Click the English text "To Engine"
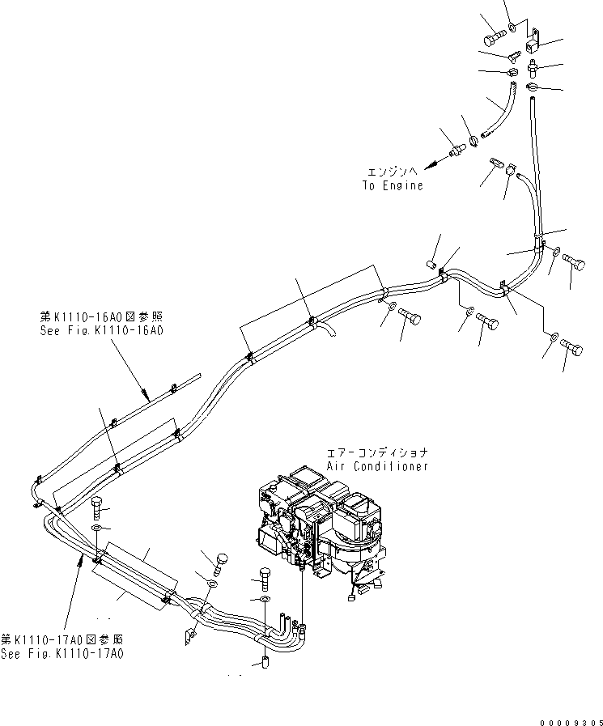coord(393,185)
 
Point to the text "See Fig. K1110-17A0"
coord(62,653)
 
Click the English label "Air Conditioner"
coord(377,466)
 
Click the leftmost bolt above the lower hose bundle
coord(96,507)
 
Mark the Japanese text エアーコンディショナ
coord(376,453)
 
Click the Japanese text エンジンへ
coord(393,172)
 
